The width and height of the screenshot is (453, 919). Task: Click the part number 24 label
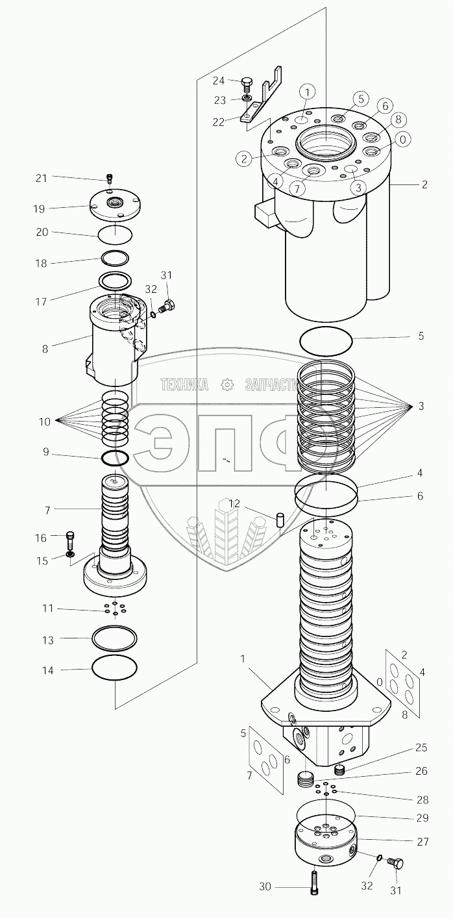(x=218, y=81)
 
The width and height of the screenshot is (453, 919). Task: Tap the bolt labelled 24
(x=247, y=82)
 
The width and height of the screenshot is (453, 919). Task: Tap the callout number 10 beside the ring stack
(x=44, y=422)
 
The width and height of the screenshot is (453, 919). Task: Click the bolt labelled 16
(x=71, y=538)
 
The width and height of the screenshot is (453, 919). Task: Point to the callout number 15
(x=42, y=560)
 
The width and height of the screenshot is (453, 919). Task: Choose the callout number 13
(x=47, y=640)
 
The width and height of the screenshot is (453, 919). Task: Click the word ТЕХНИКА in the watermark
(x=185, y=385)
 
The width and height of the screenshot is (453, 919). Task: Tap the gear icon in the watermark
(x=227, y=385)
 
